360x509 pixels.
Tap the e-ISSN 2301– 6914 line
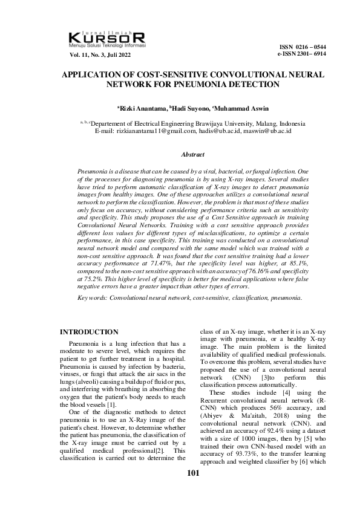click(x=301, y=54)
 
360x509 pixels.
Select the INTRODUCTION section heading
click(x=90, y=332)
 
